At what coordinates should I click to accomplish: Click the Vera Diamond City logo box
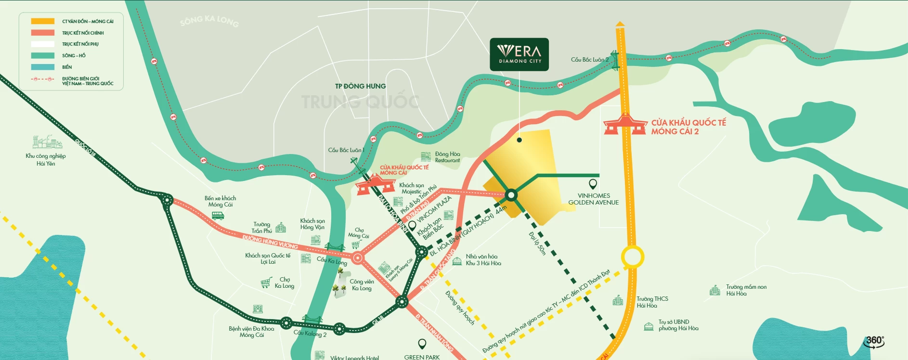(x=519, y=54)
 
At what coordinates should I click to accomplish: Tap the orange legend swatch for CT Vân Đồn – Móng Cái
(x=43, y=21)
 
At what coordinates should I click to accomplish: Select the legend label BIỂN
(x=67, y=67)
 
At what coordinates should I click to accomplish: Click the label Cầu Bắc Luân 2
(x=590, y=60)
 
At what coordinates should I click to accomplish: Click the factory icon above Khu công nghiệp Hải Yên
(x=47, y=142)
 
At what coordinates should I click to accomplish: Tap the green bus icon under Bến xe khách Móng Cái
(x=218, y=216)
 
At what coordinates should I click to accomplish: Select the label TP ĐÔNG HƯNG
(x=360, y=86)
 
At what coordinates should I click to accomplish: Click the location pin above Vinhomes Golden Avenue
(x=593, y=184)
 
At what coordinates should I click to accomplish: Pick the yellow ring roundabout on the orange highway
(x=632, y=257)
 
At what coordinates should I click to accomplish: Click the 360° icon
(x=874, y=341)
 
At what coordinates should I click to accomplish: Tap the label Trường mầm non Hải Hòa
(x=746, y=290)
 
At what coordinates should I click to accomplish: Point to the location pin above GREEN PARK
(x=422, y=344)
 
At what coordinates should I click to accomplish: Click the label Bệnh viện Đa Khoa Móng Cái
(x=251, y=332)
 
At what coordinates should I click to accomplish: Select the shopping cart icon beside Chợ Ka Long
(x=266, y=283)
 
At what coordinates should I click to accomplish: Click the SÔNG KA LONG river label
(x=209, y=21)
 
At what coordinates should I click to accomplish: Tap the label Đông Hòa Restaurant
(x=447, y=157)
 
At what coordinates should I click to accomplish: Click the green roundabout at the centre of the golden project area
(x=511, y=195)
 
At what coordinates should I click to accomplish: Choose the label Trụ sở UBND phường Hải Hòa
(x=678, y=325)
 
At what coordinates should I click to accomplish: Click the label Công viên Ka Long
(x=362, y=285)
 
